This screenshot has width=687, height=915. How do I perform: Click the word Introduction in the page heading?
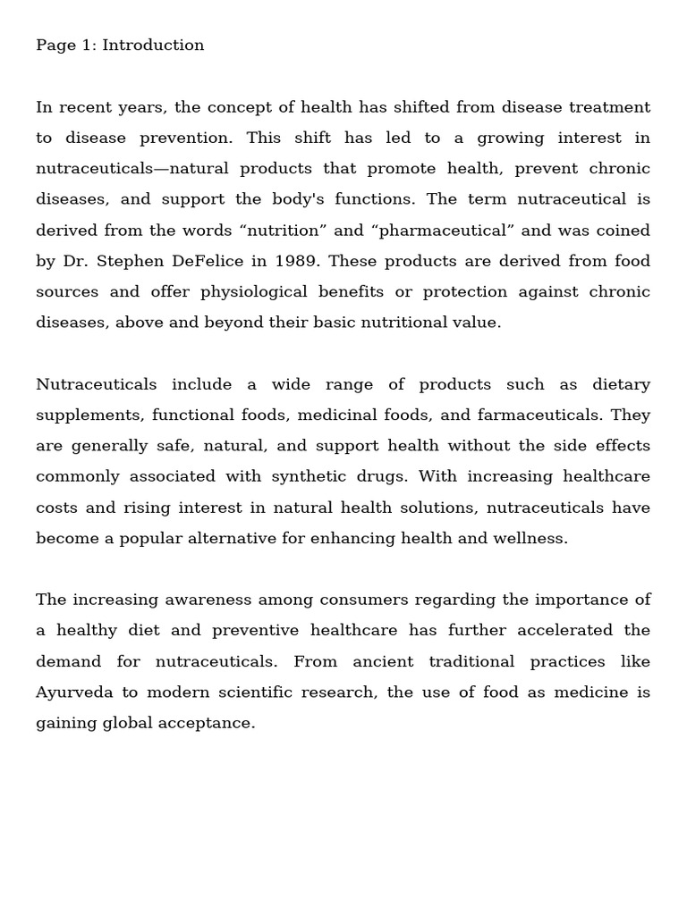[x=153, y=46]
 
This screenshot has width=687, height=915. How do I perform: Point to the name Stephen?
[x=132, y=261]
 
